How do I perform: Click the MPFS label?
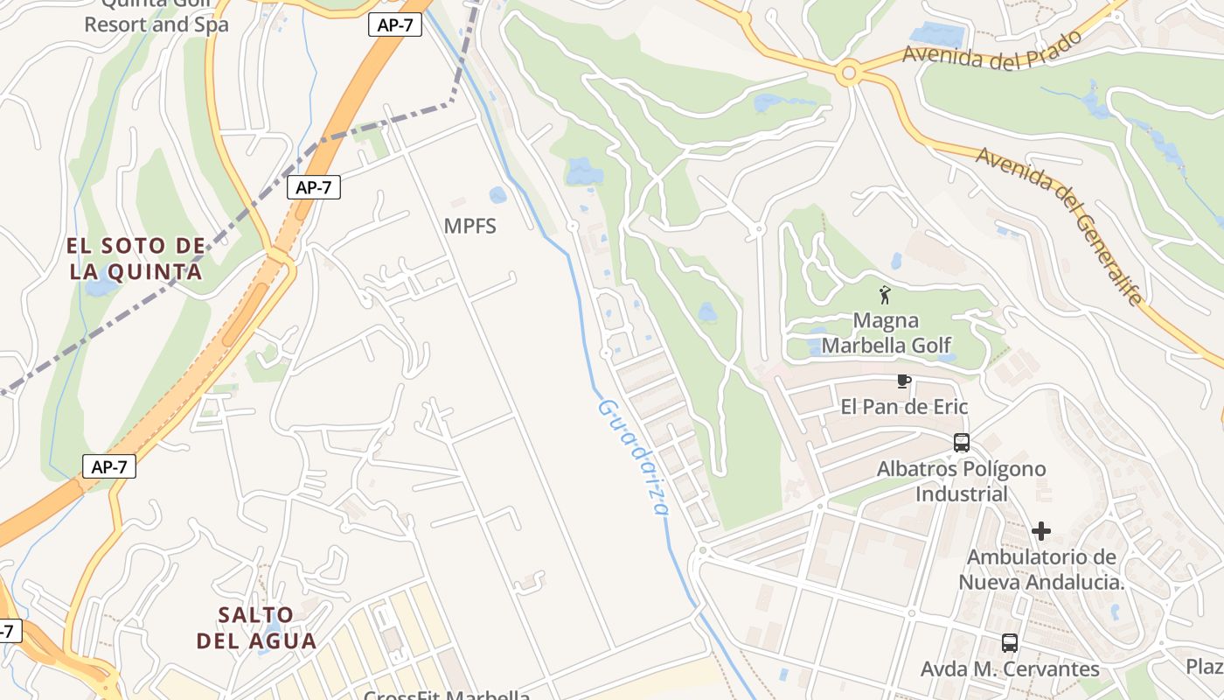[469, 227]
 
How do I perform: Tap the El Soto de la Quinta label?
[136, 259]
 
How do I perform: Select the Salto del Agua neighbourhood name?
[256, 627]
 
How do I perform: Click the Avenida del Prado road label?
[992, 52]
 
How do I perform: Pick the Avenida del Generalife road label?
[1061, 224]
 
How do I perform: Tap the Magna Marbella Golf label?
[886, 332]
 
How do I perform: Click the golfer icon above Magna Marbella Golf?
[885, 295]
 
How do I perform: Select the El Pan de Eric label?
[904, 407]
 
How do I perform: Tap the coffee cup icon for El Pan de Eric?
[904, 381]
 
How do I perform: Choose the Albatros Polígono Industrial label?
[961, 481]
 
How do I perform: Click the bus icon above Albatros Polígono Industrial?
[962, 443]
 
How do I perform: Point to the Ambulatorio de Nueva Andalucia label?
[1040, 570]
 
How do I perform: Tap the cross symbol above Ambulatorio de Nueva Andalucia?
[1040, 531]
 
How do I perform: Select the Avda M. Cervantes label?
[1010, 669]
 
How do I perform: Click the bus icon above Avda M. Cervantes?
[1010, 643]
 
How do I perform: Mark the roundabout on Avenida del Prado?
[847, 73]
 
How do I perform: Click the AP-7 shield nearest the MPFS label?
[314, 186]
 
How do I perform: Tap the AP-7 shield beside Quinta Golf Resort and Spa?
[395, 25]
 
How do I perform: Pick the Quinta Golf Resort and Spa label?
[156, 16]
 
